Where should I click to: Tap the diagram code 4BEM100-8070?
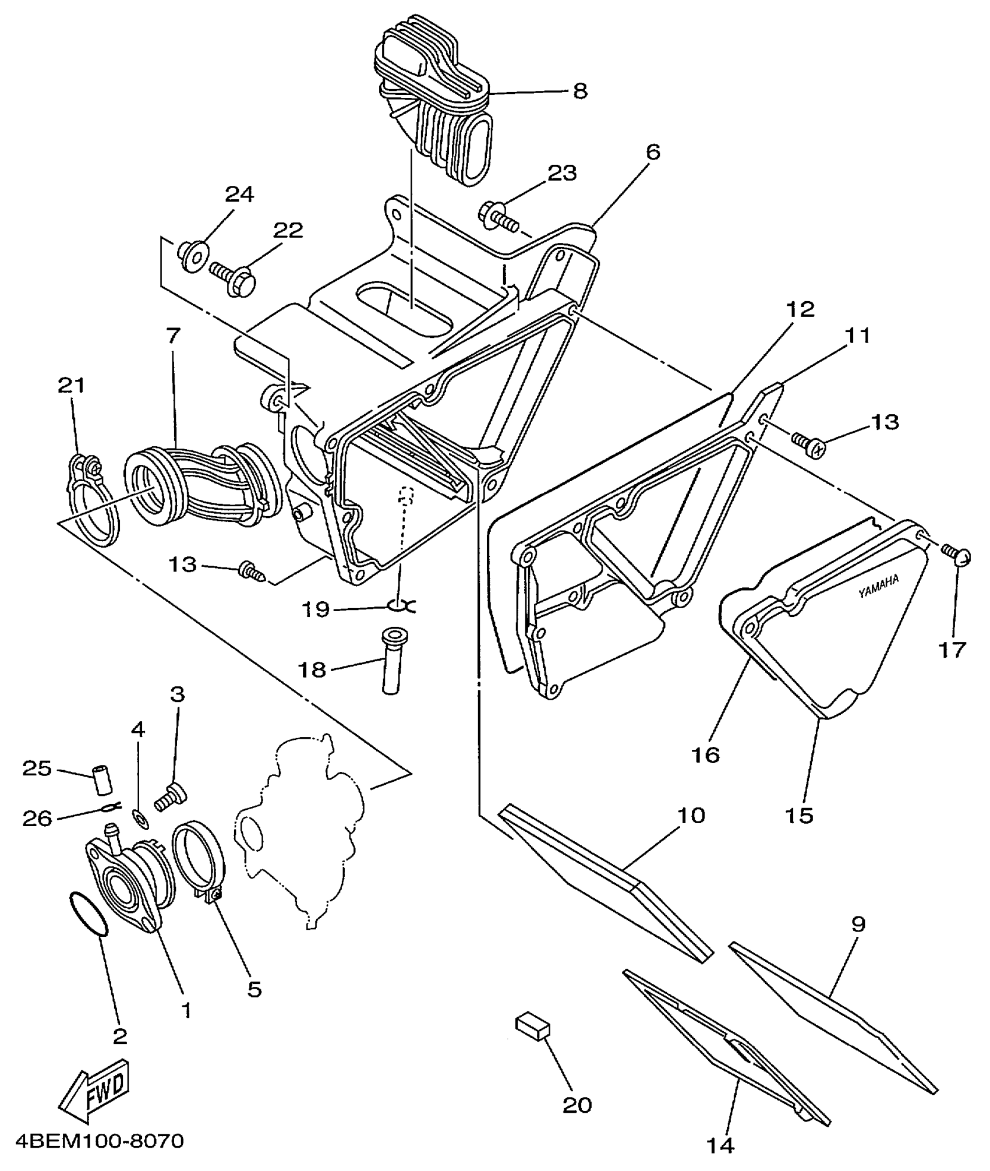[x=93, y=1140]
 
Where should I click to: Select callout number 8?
[x=580, y=91]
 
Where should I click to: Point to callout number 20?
[x=577, y=1104]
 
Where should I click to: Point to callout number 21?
[x=71, y=385]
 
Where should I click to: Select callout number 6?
[x=653, y=153]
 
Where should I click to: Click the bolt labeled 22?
[x=232, y=278]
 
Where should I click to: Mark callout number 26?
[x=37, y=819]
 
